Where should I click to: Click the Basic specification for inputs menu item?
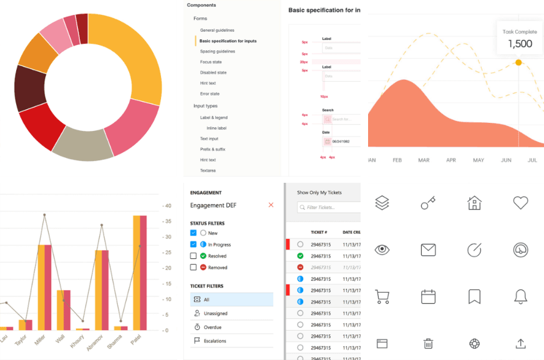click(x=228, y=41)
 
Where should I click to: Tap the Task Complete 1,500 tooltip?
click(x=520, y=37)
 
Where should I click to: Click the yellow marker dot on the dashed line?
click(x=518, y=62)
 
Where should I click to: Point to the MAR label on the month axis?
click(x=424, y=160)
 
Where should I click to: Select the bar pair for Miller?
click(x=44, y=287)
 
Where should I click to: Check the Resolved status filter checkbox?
click(x=193, y=256)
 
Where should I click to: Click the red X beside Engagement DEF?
click(x=271, y=205)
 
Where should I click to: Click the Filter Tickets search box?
click(x=329, y=207)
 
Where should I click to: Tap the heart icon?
click(x=520, y=203)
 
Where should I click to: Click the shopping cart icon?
click(x=382, y=297)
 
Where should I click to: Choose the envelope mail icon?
click(x=428, y=250)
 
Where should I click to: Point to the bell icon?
click(x=520, y=297)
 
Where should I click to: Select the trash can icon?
click(x=428, y=343)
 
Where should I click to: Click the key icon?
click(x=427, y=203)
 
